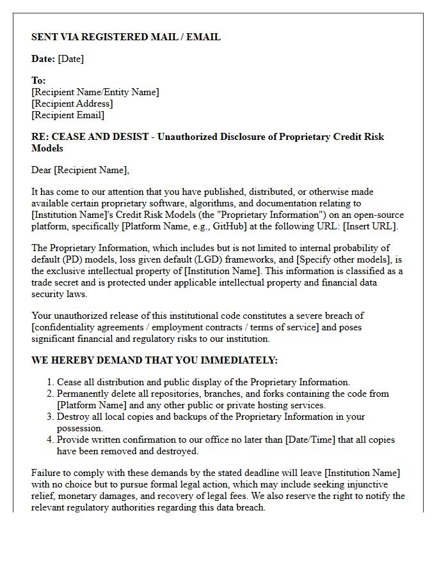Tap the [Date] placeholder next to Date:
(x=70, y=59)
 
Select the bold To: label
(x=38, y=80)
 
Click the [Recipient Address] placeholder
(x=72, y=103)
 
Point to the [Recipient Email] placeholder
(x=68, y=115)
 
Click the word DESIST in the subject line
(x=131, y=137)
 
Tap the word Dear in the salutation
(x=42, y=170)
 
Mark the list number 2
(x=50, y=394)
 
